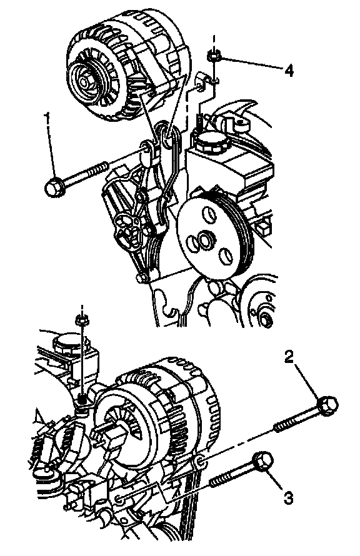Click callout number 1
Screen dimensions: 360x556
click(x=47, y=117)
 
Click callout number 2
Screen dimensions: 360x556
click(x=289, y=357)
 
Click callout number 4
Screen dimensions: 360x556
click(x=289, y=71)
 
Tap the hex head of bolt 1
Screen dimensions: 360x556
click(x=54, y=187)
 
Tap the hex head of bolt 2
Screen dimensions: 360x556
click(x=327, y=405)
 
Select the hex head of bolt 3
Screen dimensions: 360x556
click(x=263, y=462)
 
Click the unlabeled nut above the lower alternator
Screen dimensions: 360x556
click(x=82, y=320)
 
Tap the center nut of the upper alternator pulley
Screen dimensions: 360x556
click(x=84, y=82)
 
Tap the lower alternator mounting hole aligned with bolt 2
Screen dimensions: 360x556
click(x=199, y=462)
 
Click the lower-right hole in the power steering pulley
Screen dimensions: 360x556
click(x=225, y=256)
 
